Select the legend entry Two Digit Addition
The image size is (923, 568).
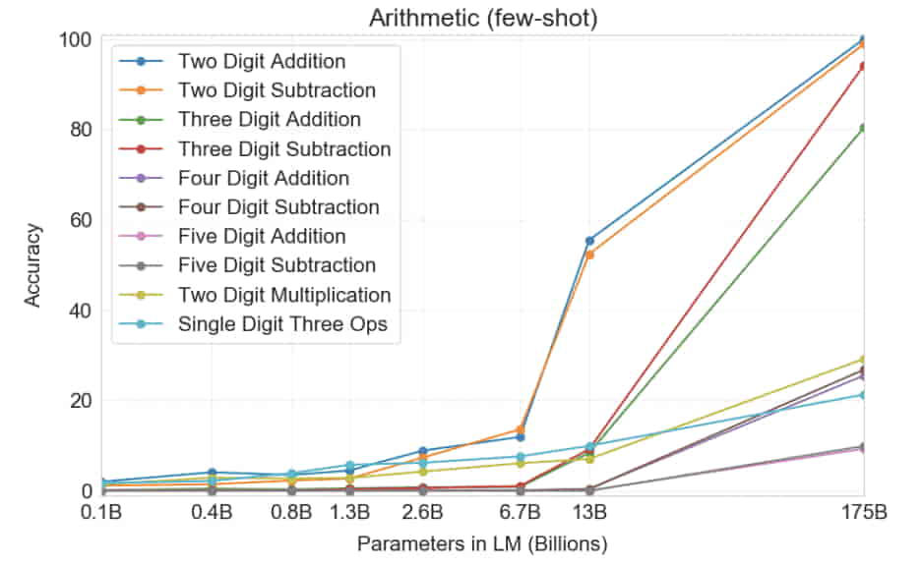pos(262,61)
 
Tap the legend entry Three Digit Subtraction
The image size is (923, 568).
pos(283,149)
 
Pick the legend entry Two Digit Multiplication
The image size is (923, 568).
pos(283,295)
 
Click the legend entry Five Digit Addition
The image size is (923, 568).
pos(262,237)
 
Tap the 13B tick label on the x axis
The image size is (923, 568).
pos(589,512)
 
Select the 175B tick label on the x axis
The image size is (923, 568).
pos(862,512)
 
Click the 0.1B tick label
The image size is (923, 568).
pos(102,512)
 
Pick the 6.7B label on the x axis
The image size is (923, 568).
pos(520,512)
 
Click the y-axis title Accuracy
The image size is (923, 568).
pos(33,265)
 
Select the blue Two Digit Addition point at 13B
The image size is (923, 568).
pos(589,241)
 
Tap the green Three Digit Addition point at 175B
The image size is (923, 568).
pos(863,128)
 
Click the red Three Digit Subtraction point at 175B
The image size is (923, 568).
pos(863,66)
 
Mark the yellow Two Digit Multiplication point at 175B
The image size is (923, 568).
pos(863,360)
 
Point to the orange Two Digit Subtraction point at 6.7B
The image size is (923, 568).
pos(520,429)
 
